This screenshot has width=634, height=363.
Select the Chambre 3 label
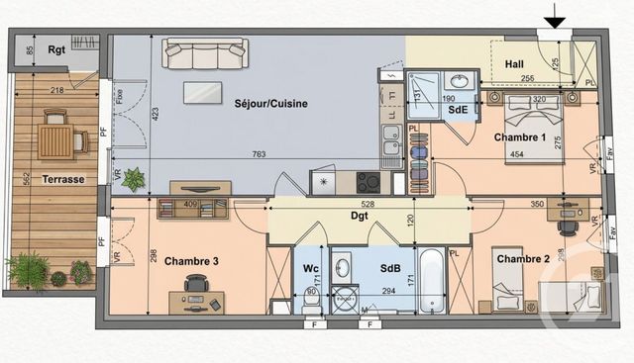click(190, 261)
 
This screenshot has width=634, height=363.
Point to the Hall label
click(514, 63)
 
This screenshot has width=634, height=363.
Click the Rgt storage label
click(58, 49)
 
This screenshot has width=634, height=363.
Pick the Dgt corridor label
click(360, 215)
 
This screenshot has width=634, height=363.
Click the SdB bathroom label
click(389, 267)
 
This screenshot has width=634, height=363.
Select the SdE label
click(457, 110)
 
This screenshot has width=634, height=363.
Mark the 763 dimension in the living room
click(258, 153)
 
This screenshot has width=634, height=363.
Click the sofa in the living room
click(205, 53)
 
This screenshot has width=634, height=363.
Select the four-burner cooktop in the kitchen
click(368, 182)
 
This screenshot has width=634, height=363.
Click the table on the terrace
click(55, 141)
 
